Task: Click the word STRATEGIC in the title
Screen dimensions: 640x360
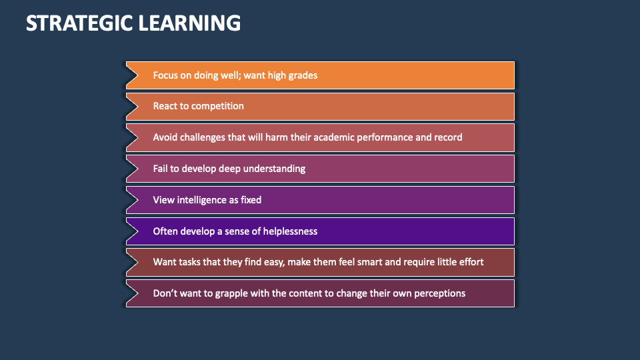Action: click(x=79, y=23)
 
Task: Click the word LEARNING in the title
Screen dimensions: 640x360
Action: click(x=190, y=23)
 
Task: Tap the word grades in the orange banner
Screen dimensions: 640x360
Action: click(x=303, y=75)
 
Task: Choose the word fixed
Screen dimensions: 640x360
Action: click(x=251, y=200)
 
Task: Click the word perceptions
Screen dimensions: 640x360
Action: click(x=439, y=294)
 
